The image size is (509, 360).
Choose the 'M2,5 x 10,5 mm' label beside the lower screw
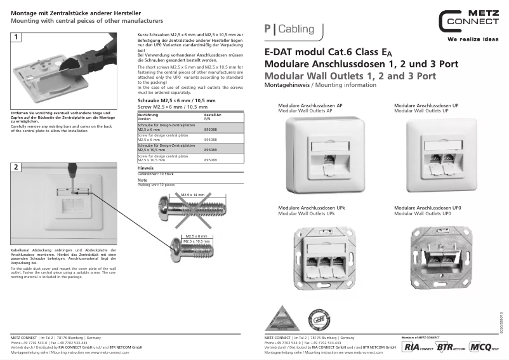(197, 241)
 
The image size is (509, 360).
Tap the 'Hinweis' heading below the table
(145, 168)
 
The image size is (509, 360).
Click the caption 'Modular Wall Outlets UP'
(421, 110)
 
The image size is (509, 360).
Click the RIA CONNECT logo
(414, 347)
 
